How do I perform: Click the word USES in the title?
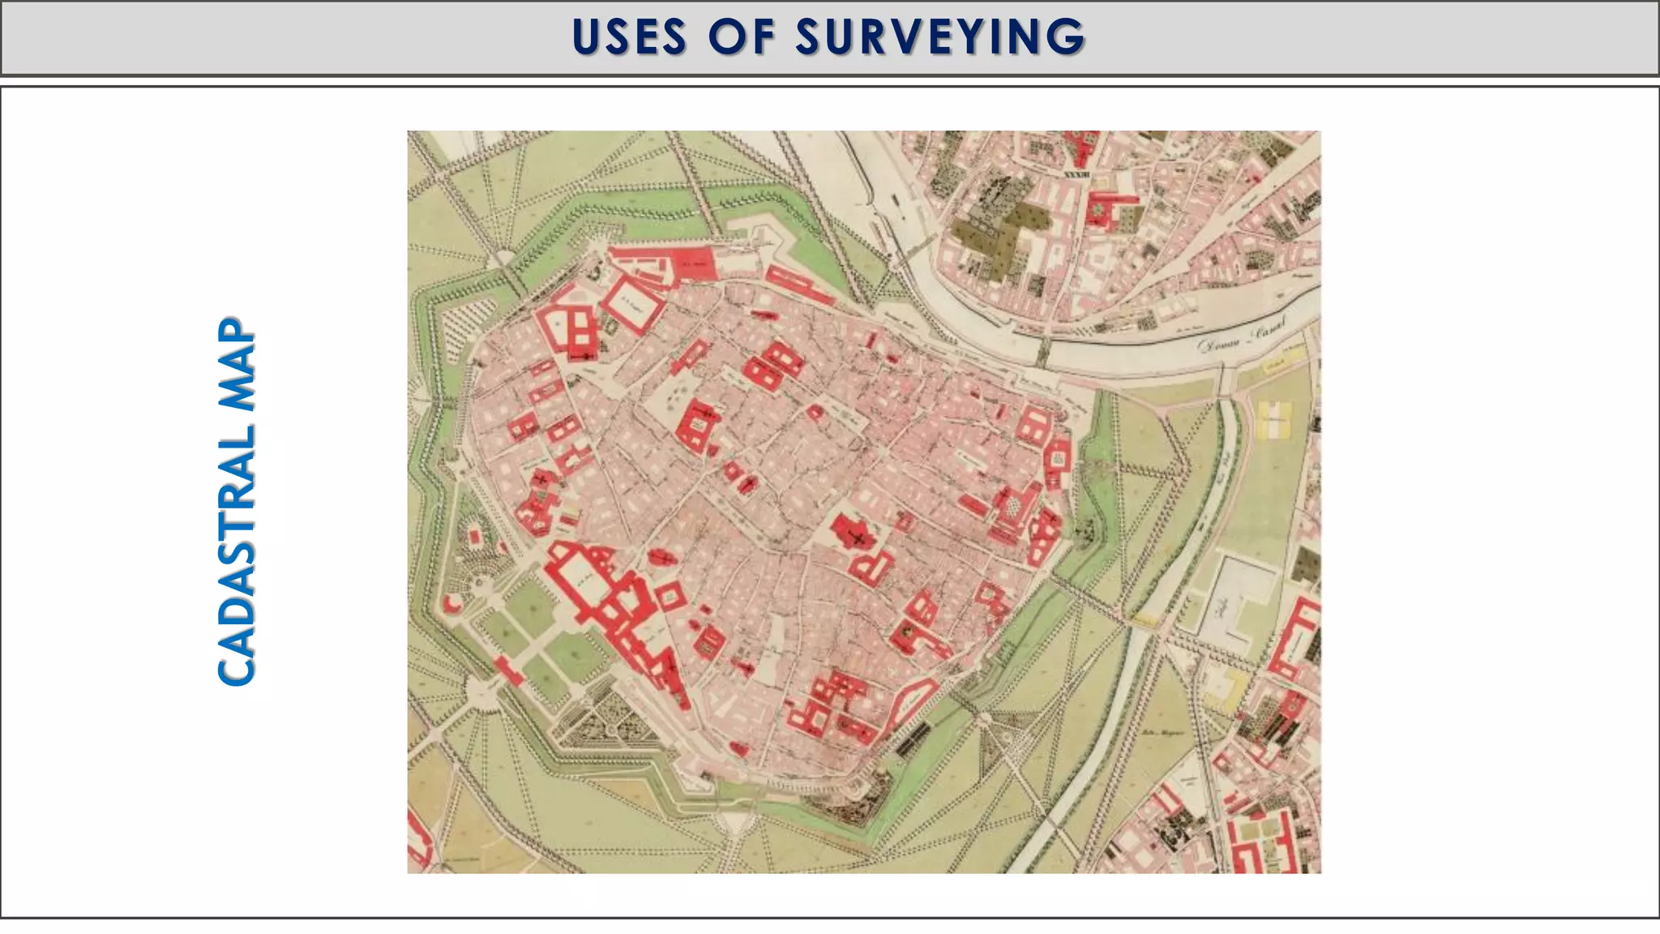tap(630, 37)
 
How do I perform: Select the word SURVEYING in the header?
tap(940, 37)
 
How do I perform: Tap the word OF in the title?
tap(742, 37)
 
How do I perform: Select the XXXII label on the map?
tap(1076, 175)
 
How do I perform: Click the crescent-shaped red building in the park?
tap(451, 602)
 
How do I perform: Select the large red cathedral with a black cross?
tap(855, 535)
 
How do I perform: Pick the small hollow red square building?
tap(670, 597)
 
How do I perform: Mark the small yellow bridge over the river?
tap(1144, 620)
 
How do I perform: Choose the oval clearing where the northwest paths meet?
tap(503, 257)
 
